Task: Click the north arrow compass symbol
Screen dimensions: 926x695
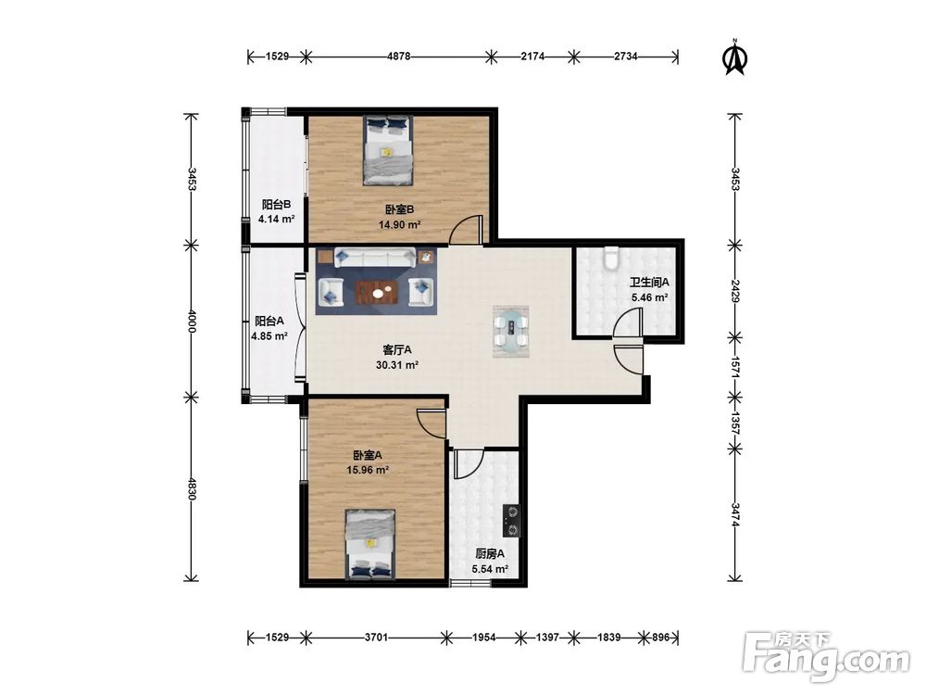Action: [735, 57]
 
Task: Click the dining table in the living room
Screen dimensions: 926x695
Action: [511, 332]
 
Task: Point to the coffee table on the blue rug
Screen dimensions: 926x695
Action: [377, 291]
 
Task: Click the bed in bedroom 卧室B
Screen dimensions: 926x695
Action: [388, 151]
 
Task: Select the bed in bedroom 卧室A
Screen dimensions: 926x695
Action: [370, 544]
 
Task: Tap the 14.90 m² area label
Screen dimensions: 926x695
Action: [399, 225]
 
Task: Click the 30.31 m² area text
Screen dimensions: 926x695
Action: [397, 365]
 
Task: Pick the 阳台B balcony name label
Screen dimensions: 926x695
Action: [276, 205]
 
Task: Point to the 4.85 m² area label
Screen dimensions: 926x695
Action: [269, 336]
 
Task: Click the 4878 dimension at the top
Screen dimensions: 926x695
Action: [398, 57]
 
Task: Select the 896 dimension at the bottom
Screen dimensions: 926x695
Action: [661, 638]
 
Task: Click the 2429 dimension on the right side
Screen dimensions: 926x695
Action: [735, 291]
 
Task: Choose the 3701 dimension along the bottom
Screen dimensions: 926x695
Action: [376, 638]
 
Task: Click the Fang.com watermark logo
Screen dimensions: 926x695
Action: [826, 656]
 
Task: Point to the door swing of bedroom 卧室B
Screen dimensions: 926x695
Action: [466, 230]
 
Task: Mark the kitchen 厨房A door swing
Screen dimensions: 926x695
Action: [469, 464]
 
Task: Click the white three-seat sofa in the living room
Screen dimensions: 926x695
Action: [374, 258]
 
